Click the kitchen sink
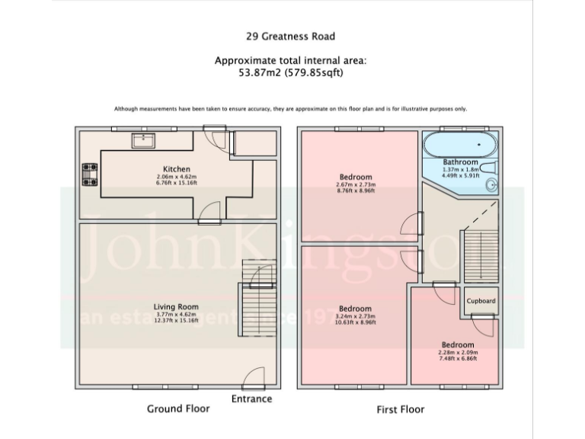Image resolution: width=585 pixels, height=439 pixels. (143, 139)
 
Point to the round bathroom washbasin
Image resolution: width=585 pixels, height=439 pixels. (492, 184)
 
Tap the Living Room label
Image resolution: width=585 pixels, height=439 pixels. (176, 306)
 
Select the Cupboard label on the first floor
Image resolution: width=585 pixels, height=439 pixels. (481, 301)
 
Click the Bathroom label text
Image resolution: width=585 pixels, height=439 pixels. (461, 162)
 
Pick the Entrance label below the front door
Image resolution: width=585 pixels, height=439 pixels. (251, 399)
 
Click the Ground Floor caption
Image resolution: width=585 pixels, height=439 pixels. (178, 409)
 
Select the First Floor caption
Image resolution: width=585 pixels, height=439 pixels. (401, 409)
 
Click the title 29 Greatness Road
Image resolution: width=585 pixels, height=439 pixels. (290, 36)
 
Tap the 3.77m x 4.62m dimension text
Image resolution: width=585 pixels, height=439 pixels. (176, 314)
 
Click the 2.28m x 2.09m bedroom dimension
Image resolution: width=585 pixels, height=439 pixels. (457, 351)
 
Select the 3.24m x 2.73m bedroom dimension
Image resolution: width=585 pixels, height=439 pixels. (355, 316)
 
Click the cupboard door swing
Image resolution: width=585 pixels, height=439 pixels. (481, 324)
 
